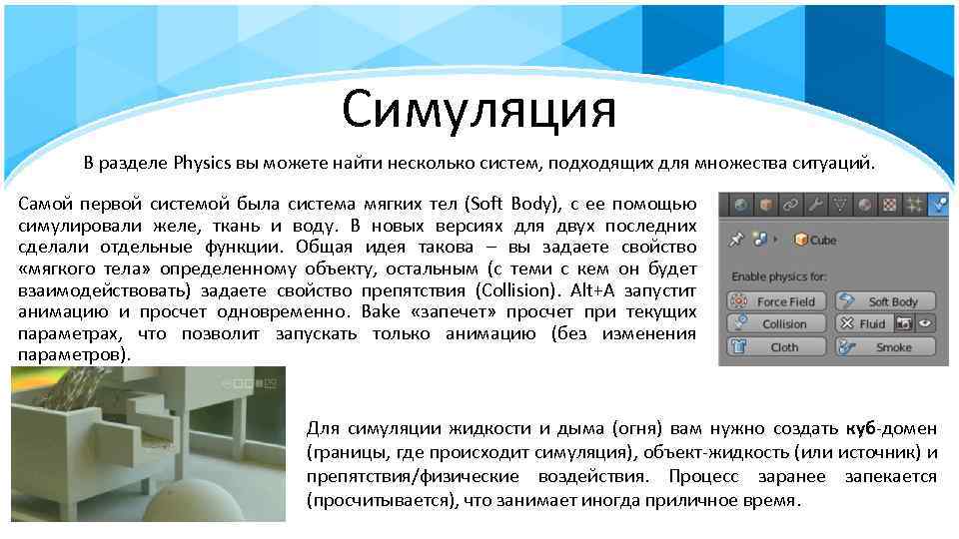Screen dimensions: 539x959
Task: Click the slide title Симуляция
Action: pyautogui.click(x=479, y=109)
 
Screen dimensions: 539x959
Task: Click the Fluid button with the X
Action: pyautogui.click(x=864, y=324)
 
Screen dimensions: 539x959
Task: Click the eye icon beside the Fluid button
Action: pyautogui.click(x=926, y=324)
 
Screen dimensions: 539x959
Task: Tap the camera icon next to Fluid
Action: pyautogui.click(x=905, y=324)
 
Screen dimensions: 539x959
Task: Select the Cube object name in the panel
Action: pyautogui.click(x=822, y=241)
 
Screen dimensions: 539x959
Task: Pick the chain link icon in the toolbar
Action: pyautogui.click(x=792, y=205)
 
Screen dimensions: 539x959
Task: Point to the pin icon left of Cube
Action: pyautogui.click(x=737, y=241)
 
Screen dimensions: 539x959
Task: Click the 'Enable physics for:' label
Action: pyautogui.click(x=780, y=275)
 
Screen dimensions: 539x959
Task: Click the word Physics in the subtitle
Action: pyautogui.click(x=201, y=163)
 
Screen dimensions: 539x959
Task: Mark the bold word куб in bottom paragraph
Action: pyautogui.click(x=860, y=429)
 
